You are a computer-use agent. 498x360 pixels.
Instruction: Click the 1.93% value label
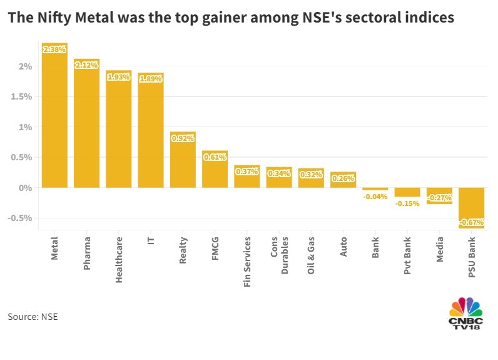tap(119, 76)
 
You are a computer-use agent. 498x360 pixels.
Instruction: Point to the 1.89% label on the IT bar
tap(151, 78)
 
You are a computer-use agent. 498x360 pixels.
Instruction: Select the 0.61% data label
tap(215, 157)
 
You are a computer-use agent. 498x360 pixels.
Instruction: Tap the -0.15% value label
tap(407, 203)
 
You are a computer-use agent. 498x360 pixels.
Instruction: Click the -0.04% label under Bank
tap(375, 196)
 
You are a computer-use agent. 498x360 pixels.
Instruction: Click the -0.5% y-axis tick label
tap(22, 218)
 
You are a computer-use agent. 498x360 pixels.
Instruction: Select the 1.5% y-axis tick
tap(23, 96)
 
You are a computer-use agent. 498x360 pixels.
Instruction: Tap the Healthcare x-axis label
tap(119, 260)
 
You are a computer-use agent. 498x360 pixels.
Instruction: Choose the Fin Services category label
tap(247, 261)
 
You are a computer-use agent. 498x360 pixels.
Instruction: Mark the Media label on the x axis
tap(439, 249)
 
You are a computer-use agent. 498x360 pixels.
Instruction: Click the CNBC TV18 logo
tap(466, 313)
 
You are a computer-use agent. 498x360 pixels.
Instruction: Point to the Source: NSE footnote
tap(33, 316)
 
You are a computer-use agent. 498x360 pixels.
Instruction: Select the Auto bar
tap(343, 180)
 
